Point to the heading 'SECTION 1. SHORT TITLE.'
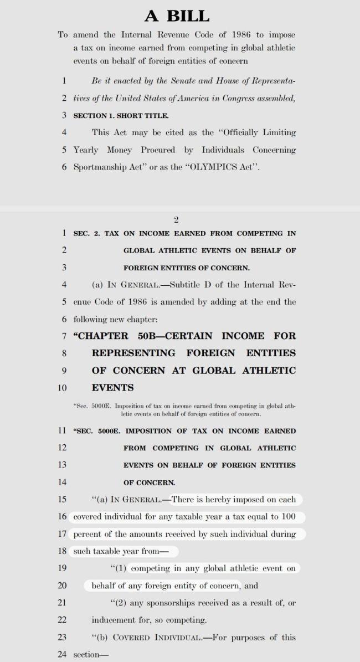pyautogui.click(x=121, y=115)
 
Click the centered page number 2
pyautogui.click(x=176, y=220)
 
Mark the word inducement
pyautogui.click(x=115, y=619)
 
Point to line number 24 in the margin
pyautogui.click(x=63, y=654)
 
